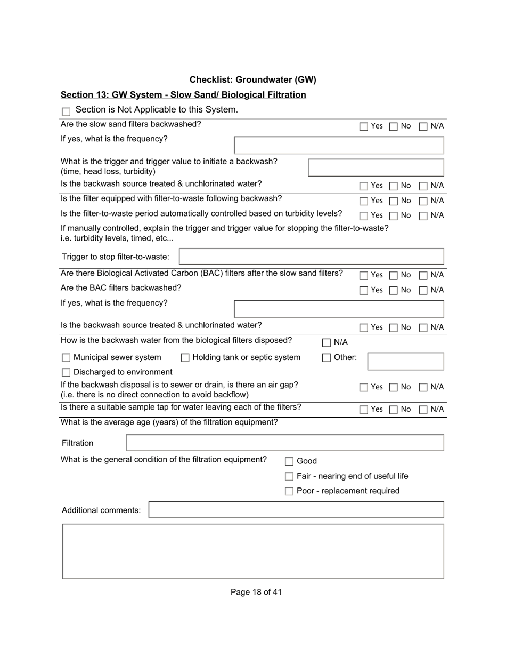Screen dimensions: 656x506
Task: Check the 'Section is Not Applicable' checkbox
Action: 66,111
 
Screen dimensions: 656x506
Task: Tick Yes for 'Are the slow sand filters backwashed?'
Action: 364,126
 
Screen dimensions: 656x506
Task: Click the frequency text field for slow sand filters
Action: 338,145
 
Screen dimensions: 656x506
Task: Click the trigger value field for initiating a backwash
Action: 376,167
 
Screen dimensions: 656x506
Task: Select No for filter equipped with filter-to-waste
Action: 394,201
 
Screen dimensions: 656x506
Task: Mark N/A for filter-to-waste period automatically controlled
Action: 423,216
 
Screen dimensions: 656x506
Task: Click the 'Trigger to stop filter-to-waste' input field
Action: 311,257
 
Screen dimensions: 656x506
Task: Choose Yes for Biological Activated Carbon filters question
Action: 364,276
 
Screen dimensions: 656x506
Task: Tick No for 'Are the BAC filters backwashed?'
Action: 394,291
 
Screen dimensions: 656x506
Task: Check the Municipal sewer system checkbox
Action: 66,358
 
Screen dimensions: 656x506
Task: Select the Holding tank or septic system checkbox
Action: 185,358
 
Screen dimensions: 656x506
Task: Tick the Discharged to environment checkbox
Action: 66,372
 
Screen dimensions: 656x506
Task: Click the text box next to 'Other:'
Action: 405,361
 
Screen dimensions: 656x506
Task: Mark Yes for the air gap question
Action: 364,387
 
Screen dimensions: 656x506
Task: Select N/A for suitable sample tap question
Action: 423,410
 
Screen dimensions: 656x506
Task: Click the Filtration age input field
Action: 284,443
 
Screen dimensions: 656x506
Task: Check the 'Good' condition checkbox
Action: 289,462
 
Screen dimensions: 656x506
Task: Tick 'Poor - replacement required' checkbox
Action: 289,491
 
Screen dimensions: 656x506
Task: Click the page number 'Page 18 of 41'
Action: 256,592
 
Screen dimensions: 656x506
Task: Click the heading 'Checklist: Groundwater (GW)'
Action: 253,80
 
